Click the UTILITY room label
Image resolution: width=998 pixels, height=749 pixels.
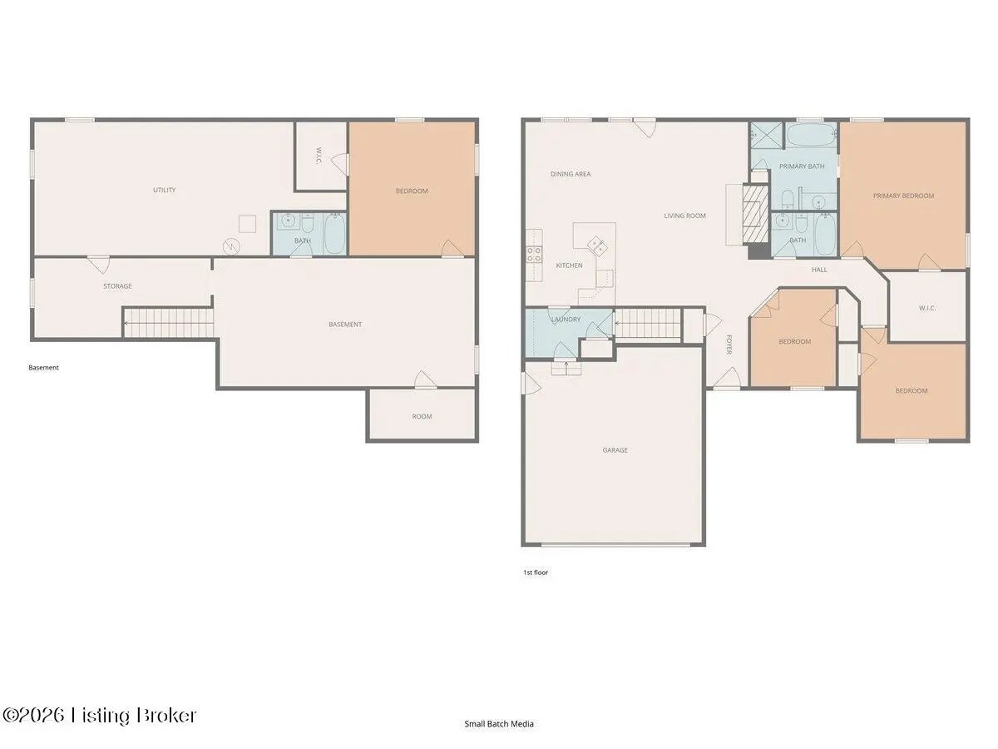164,190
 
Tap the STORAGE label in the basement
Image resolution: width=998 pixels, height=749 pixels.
117,286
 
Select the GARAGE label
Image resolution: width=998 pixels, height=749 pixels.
615,450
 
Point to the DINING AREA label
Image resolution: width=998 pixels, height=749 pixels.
571,174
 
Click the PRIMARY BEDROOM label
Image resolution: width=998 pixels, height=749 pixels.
903,196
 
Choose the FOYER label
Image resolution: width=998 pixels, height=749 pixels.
729,345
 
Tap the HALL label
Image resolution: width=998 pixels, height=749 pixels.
819,270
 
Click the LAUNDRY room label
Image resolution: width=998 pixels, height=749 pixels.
566,320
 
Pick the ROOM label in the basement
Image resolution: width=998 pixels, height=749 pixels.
422,417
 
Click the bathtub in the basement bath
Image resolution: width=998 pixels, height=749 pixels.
335,234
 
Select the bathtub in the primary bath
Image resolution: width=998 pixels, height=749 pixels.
811,134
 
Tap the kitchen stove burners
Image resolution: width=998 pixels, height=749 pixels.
534,254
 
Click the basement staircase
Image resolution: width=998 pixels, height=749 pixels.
169,324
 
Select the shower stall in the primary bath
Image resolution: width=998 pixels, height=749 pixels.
766,135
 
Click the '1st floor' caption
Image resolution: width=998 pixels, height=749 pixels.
535,572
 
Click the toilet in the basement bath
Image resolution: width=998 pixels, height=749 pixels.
308,224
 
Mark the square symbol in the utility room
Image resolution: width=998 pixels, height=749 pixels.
247,224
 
